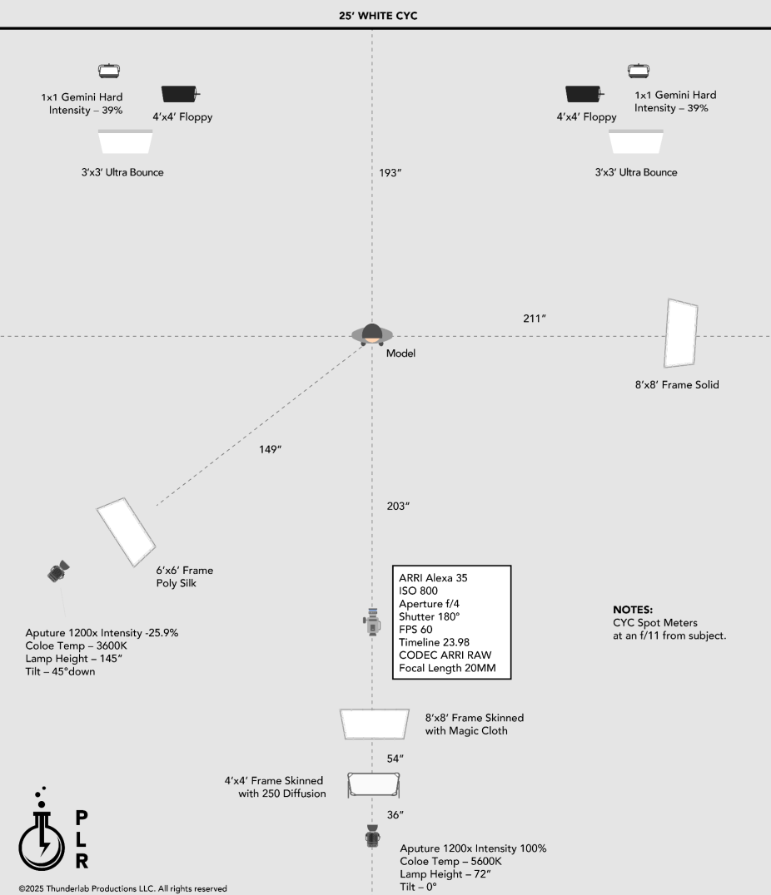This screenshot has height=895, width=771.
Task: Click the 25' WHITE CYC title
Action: tap(385, 16)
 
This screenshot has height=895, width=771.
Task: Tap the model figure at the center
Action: tap(372, 334)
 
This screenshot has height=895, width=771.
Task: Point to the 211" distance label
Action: tap(534, 319)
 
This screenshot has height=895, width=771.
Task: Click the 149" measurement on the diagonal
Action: tap(270, 449)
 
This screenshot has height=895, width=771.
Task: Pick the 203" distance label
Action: tap(398, 506)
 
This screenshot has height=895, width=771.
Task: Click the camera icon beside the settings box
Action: tap(372, 621)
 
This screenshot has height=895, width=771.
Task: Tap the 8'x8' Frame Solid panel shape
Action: tap(681, 334)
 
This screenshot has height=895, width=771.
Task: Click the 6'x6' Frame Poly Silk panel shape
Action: tap(127, 532)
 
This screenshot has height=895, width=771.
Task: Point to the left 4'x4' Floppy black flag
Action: tap(178, 94)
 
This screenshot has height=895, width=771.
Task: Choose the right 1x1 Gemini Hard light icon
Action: tap(639, 72)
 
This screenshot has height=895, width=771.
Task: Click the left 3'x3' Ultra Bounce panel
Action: tap(126, 141)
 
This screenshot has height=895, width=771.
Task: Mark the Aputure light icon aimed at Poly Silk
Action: tap(57, 571)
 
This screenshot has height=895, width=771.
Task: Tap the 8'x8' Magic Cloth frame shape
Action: tap(375, 724)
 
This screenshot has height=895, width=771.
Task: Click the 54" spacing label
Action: tap(395, 759)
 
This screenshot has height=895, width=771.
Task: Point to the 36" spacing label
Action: tap(395, 814)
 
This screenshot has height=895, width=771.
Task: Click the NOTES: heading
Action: tap(633, 609)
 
